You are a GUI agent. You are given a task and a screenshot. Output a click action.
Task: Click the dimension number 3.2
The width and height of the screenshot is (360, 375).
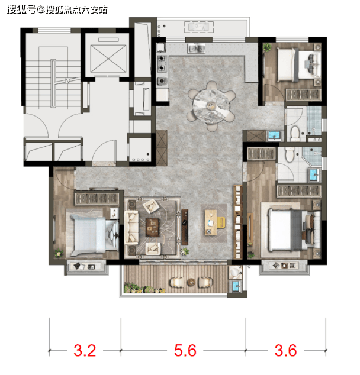85,350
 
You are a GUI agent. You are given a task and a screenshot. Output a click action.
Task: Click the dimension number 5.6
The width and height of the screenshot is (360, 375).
185,350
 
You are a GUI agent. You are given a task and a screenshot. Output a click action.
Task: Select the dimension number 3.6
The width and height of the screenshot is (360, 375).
285,350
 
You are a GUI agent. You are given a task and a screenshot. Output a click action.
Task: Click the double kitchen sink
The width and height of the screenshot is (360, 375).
196,49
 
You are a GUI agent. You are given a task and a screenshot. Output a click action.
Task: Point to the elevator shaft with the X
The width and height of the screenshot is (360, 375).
108,59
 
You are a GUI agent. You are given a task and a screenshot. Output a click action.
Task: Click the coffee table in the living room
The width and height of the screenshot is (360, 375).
153,228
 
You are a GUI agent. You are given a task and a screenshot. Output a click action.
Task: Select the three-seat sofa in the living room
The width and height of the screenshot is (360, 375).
131,227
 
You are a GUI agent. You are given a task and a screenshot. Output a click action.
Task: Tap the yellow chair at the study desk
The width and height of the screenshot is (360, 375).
221,222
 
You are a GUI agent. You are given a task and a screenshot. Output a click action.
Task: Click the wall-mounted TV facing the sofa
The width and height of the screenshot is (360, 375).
185,227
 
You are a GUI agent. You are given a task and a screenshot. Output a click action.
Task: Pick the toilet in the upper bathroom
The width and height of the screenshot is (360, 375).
295,134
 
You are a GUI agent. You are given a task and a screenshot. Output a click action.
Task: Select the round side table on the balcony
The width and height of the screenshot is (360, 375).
191,282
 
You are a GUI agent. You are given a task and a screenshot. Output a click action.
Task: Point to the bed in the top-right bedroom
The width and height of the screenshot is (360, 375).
299,64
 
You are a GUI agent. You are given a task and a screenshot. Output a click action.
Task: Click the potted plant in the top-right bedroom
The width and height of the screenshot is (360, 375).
267,47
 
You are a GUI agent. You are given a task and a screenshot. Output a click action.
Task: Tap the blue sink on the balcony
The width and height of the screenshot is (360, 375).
236,286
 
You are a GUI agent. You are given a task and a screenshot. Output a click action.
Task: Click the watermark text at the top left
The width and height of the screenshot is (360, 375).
57,10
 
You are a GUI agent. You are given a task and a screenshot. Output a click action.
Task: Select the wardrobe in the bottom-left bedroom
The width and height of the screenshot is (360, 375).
97,198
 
